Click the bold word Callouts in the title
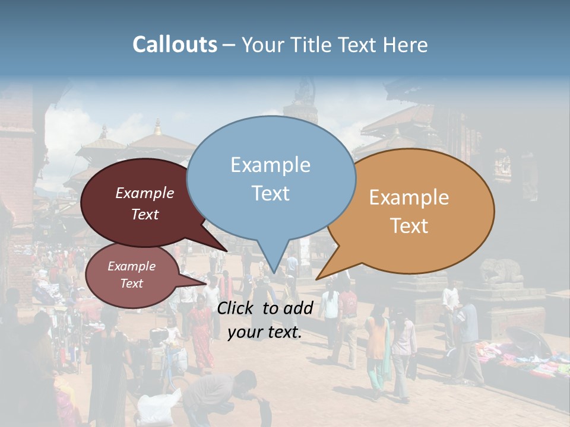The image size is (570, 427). coord(175,44)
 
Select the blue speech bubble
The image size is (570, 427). coord(271,172)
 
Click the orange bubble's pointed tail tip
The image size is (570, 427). coord(316,279)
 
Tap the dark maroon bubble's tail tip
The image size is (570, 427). coord(226,251)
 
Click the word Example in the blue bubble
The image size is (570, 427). coord(271,165)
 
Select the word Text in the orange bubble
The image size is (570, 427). coord(410,226)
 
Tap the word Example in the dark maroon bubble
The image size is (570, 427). coord(145,193)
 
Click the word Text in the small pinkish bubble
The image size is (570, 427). coord(132,283)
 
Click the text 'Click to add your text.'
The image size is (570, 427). coord(265,320)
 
